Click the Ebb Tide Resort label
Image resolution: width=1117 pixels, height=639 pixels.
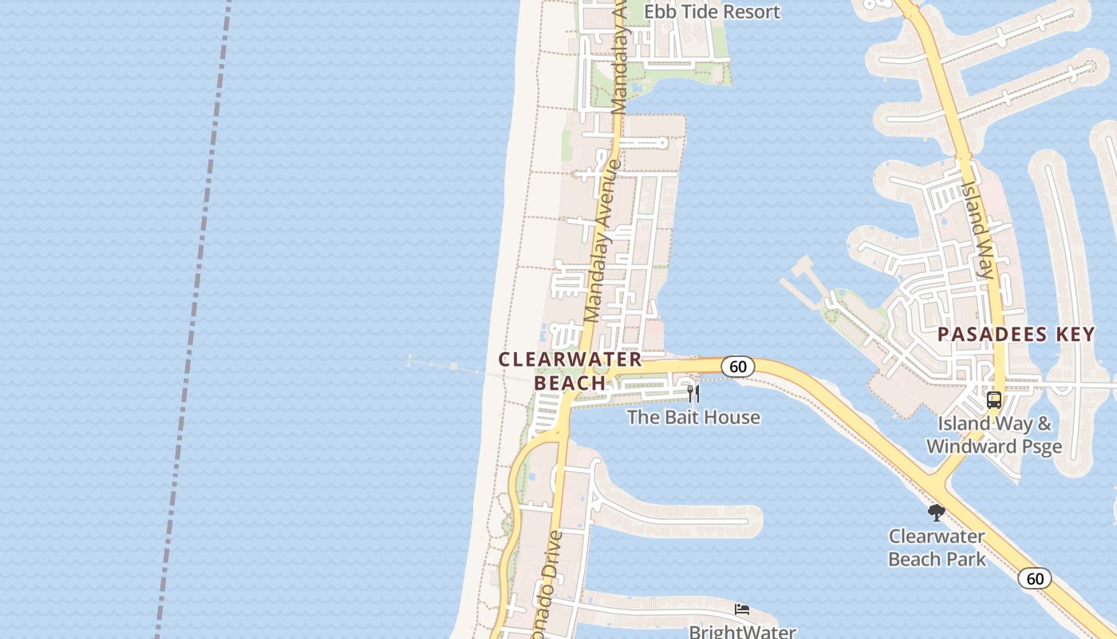pos(712,12)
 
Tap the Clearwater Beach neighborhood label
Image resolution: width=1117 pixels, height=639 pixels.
pos(570,371)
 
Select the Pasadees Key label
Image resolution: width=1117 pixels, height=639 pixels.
pos(1016,334)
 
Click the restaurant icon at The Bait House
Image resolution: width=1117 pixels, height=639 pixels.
pos(693,394)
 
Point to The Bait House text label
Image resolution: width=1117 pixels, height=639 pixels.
pos(693,417)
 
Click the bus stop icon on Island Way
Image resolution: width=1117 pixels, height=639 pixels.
pos(994,400)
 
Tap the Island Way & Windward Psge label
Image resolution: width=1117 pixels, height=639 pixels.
pos(994,435)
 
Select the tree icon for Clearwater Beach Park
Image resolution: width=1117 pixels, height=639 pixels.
pos(937,512)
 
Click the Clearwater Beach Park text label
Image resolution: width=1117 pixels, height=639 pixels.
pos(937,547)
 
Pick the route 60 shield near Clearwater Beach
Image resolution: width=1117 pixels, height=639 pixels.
pos(738,367)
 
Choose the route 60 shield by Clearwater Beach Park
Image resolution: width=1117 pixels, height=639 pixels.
pos(1035,578)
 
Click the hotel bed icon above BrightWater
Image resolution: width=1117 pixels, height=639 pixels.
pos(742,609)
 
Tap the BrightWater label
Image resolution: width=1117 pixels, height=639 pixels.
pos(742,632)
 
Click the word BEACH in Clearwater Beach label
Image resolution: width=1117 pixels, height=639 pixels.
pos(570,383)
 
